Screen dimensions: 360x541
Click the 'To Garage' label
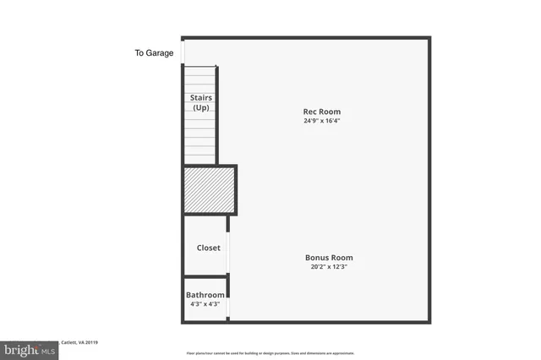tap(154, 53)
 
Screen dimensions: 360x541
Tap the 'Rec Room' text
tap(321, 112)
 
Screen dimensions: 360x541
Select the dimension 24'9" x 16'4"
tap(321, 121)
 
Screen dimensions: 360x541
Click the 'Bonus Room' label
tap(329, 258)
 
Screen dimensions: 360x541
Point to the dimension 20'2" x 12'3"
tap(329, 267)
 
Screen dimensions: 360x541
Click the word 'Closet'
tap(208, 248)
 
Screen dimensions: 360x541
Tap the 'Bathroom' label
tap(205, 295)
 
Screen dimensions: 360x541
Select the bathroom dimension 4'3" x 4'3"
tap(205, 303)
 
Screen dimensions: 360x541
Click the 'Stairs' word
tap(200, 98)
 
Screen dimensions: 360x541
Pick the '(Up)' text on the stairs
tap(200, 107)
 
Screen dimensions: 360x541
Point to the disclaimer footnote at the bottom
tap(270, 353)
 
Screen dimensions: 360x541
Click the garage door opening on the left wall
tap(183, 52)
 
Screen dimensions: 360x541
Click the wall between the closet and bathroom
tap(205, 276)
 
